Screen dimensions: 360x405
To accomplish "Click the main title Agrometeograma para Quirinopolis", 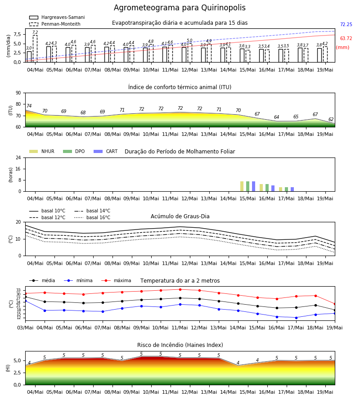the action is point(180,8).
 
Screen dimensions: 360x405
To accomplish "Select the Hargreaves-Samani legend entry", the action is point(57,17).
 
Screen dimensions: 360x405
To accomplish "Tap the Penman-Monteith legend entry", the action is point(55,24).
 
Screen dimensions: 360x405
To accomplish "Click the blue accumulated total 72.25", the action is point(346,25).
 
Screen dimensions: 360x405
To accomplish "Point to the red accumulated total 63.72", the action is point(346,39).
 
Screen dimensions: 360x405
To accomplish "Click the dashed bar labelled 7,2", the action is point(35,49).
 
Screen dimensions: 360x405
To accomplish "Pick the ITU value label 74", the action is point(29,106).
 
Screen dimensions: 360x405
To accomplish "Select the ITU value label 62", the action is point(331,119).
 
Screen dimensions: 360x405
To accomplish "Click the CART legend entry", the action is point(106,151).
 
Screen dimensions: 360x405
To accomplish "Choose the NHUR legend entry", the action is point(42,151).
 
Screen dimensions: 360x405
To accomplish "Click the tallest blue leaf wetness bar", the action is point(254,186).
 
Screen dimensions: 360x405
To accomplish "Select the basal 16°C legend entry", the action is point(92,217).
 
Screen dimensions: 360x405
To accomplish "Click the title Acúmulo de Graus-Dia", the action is point(180,216).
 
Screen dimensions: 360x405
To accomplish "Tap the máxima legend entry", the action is point(116,280).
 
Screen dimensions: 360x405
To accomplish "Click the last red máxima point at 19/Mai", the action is point(335,304).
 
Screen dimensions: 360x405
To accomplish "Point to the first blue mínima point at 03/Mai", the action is point(25,301).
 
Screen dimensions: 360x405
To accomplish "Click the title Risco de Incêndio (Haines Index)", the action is point(180,345).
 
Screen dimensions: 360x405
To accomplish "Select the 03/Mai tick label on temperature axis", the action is point(25,328).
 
